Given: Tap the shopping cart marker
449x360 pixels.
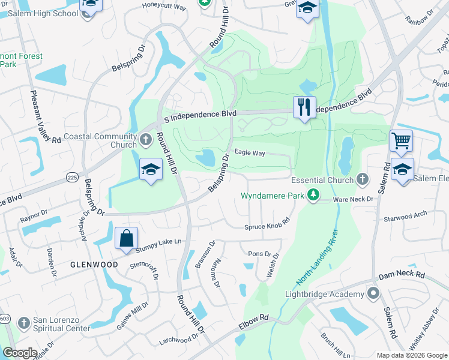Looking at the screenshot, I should pos(401,142).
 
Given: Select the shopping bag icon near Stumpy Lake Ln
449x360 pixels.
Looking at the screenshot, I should pos(127,238).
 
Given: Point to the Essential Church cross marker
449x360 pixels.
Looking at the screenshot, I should pos(362,179).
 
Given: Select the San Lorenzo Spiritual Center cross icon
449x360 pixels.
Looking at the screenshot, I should pos(24,323).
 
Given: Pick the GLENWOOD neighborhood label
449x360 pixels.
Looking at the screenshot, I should pos(94,264).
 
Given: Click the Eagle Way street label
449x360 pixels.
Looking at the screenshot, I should pos(250,153).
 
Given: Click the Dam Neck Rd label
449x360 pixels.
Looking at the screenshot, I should pos(402,275).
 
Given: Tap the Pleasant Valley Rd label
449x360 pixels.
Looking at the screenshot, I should pos(46,118).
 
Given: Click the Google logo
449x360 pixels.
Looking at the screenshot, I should pos(20,353).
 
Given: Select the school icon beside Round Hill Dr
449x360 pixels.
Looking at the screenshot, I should pos(151,169).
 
